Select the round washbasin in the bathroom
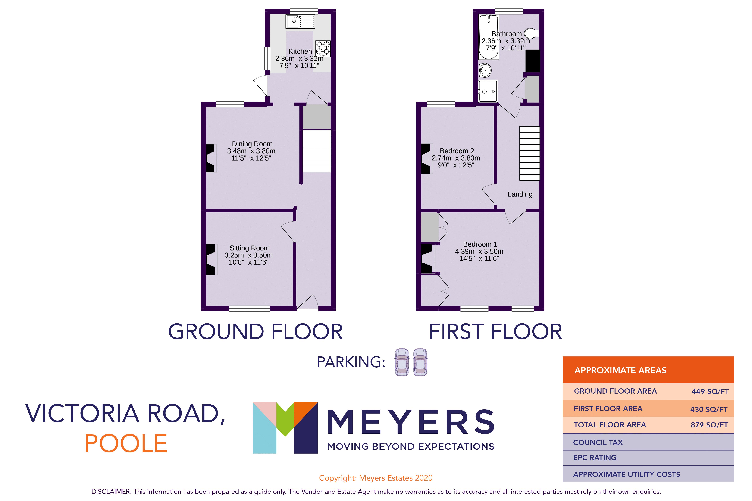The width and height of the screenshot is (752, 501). pyautogui.click(x=485, y=70)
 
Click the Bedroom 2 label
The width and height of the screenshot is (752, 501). pyautogui.click(x=457, y=151)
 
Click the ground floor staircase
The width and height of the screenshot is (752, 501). pyautogui.click(x=316, y=151)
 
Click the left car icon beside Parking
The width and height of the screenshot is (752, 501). pyautogui.click(x=402, y=362)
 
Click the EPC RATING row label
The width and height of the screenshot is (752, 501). pyautogui.click(x=595, y=458)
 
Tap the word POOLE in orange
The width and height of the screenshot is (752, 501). pyautogui.click(x=126, y=443)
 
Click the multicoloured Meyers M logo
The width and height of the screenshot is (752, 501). pyautogui.click(x=285, y=427)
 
